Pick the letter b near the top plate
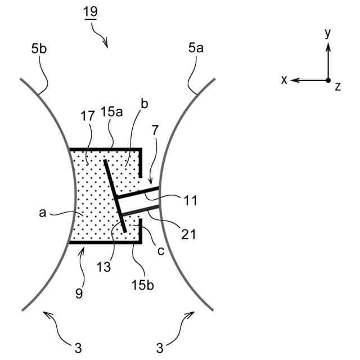pos(144,105)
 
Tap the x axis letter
pos(284,80)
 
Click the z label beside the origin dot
pos(337,87)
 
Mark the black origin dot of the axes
pos(328,80)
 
